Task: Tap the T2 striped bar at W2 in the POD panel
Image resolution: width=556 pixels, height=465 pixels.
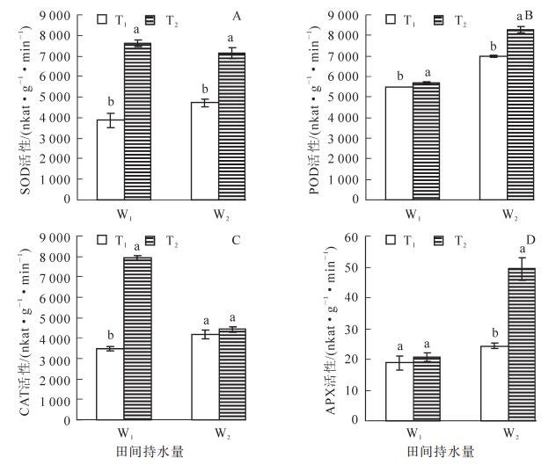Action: pos(496,114)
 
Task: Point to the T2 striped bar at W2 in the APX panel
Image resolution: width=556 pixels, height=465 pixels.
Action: pos(496,344)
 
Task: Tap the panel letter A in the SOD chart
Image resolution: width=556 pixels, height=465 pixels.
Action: pos(237,16)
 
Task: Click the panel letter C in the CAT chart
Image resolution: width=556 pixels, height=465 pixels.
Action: pos(237,239)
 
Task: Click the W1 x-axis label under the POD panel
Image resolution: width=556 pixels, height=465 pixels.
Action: pos(412,213)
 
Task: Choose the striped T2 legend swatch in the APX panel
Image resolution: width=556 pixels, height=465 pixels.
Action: pos(439,240)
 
